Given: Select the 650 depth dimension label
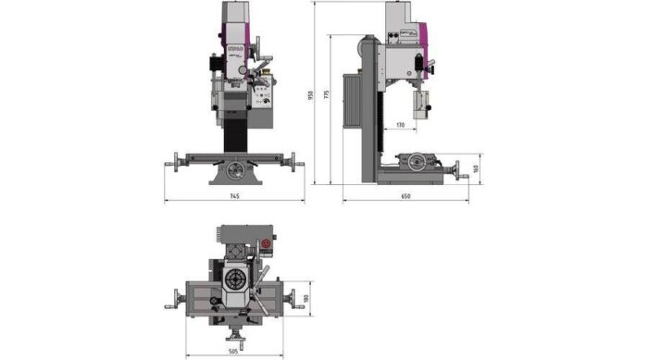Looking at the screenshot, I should click(x=405, y=198).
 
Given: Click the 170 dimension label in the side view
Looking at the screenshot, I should click(x=399, y=123).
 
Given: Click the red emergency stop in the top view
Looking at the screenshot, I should click(x=268, y=245).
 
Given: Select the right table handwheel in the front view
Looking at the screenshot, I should click(x=297, y=165).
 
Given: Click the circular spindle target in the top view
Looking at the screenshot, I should click(x=235, y=279).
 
